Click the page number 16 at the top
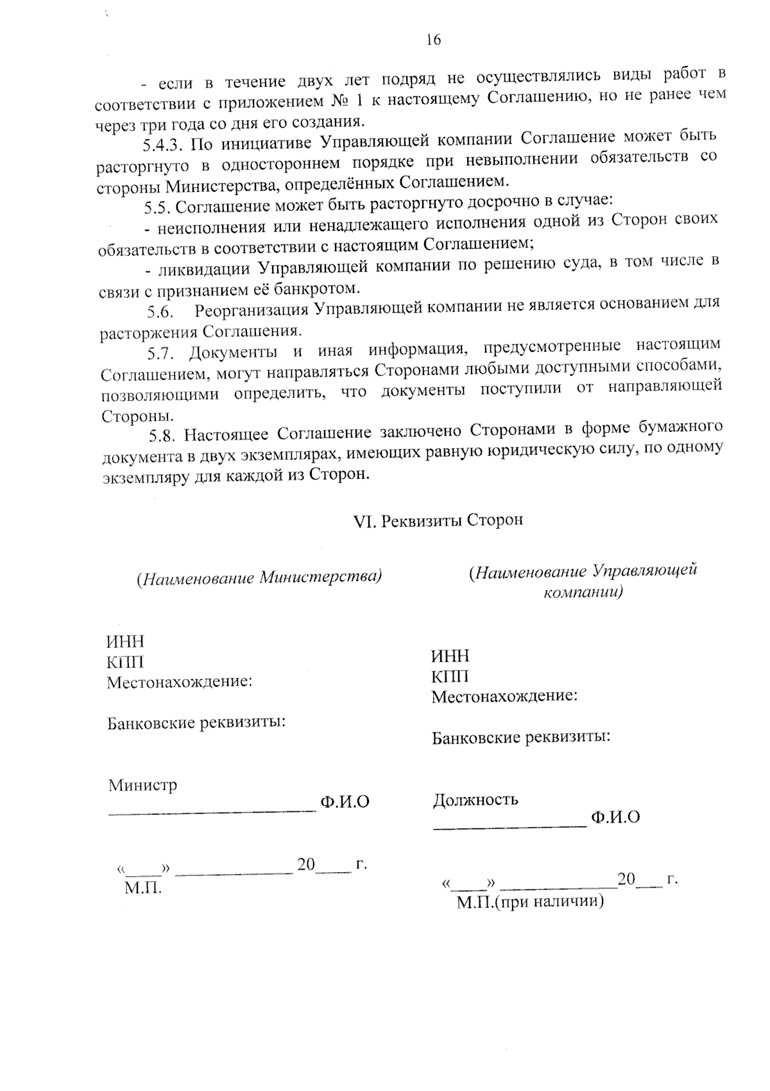(433, 40)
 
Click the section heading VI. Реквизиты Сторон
(439, 520)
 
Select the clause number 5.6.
(161, 313)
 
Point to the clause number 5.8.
(162, 436)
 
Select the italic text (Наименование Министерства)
(259, 578)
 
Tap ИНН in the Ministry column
(125, 642)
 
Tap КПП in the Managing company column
(450, 676)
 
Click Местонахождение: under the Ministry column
(179, 682)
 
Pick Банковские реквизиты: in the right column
(520, 737)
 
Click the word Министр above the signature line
(142, 785)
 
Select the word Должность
(475, 800)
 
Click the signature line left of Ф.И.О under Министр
(212, 811)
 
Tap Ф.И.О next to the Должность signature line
(615, 817)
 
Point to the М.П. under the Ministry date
(143, 888)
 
